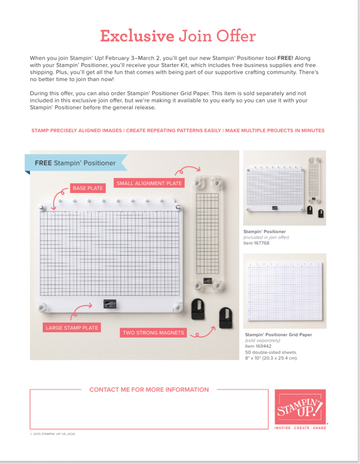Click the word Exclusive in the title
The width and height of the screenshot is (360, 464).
pos(137,36)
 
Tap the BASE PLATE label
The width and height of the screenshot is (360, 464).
pos(88,188)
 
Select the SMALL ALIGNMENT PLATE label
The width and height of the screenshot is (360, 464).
pos(149,183)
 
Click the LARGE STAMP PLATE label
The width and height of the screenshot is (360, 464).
pos(72,328)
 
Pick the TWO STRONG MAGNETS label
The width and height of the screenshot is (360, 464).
pos(154,333)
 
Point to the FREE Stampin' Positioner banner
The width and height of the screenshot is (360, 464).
pos(75,163)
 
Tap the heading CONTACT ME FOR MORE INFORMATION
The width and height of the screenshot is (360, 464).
pos(149,390)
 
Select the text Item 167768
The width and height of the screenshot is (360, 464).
pos(256,243)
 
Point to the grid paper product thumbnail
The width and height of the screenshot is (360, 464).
pos(285,290)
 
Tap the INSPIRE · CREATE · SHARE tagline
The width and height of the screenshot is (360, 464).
pos(300,428)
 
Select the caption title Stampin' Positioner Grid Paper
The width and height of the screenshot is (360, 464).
pos(278,334)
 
